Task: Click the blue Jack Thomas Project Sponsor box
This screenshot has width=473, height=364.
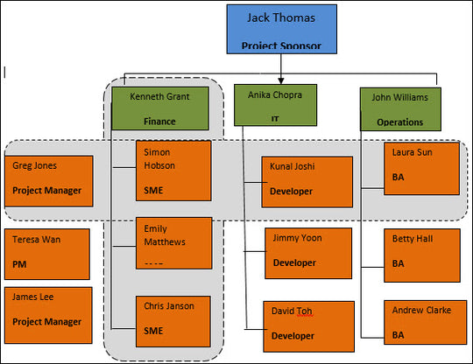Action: [280, 28]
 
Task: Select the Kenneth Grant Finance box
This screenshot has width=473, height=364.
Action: [160, 106]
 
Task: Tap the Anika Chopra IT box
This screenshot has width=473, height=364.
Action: [276, 104]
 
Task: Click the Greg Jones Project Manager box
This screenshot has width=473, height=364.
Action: [48, 180]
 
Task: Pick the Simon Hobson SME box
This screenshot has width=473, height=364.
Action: [173, 169]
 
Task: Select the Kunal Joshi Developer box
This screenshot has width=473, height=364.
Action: [307, 181]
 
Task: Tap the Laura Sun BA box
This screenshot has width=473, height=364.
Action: [421, 168]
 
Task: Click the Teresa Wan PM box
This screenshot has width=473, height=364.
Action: [48, 252]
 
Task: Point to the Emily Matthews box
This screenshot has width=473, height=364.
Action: [173, 242]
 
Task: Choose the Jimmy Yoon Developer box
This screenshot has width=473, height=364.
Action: [307, 253]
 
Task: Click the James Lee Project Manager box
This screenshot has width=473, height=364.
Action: [48, 311]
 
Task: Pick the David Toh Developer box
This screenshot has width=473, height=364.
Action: [307, 325]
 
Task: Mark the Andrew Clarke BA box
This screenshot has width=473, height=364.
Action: [421, 323]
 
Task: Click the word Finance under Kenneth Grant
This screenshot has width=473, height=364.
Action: [160, 122]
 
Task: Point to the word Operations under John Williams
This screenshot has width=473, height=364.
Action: [400, 123]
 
